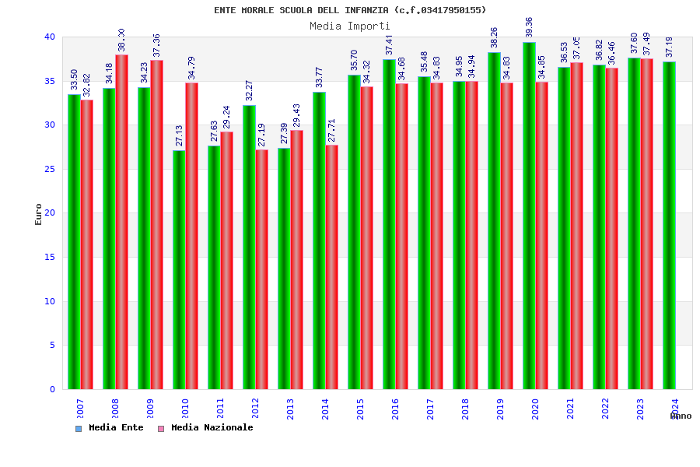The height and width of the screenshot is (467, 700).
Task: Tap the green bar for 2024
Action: (669, 225)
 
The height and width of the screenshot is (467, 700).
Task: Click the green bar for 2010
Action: (179, 269)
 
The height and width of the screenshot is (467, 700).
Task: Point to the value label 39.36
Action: (530, 27)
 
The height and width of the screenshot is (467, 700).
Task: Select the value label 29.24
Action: (227, 118)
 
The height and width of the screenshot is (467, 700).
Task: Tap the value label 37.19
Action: (670, 47)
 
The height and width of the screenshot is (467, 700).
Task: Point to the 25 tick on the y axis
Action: (50, 169)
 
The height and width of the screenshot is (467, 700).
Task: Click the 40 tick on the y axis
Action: (50, 37)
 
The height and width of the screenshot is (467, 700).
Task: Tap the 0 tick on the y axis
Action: (52, 389)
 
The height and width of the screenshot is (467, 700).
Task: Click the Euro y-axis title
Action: (39, 214)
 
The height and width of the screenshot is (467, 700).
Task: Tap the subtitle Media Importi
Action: (350, 26)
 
